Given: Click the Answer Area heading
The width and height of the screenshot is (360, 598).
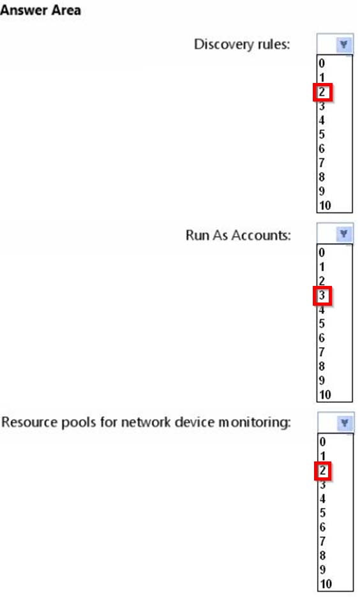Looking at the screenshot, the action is tap(40, 10).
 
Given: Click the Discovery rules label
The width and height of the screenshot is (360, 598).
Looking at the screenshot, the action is tap(242, 44).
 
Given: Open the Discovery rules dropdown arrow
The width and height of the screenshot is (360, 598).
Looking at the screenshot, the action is tap(343, 45).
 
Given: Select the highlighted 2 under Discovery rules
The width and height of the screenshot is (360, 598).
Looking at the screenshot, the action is tap(322, 92).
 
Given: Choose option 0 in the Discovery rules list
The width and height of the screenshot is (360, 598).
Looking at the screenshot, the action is tap(322, 63).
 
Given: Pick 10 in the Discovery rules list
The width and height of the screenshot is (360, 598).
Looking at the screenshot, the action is tap(325, 205).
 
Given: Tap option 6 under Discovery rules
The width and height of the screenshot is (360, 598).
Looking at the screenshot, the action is tap(322, 148).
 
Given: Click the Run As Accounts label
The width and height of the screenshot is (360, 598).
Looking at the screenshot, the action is tap(238, 235).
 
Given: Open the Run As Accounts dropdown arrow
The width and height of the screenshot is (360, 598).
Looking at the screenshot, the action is tap(343, 234).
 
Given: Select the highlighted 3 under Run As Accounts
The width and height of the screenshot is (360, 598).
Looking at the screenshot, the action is tap(322, 295).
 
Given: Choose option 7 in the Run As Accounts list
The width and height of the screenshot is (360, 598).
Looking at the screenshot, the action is tap(322, 352).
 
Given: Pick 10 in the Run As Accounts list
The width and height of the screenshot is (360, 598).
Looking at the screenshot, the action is tap(325, 394).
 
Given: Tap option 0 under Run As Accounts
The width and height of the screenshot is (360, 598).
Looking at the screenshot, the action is tap(322, 252).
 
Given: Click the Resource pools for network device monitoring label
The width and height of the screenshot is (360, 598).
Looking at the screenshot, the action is tap(146, 422).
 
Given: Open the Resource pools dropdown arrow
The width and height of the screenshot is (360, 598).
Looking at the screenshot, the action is tap(345, 422).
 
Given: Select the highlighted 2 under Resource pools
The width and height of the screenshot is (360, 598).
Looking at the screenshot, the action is tap(322, 470).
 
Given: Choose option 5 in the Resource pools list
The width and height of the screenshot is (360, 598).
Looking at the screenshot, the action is tap(322, 512).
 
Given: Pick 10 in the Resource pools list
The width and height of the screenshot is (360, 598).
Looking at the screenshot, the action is tap(326, 583).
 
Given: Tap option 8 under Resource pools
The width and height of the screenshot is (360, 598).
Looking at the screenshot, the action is tap(322, 555).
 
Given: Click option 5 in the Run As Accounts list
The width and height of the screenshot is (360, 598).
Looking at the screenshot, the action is tap(322, 324).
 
